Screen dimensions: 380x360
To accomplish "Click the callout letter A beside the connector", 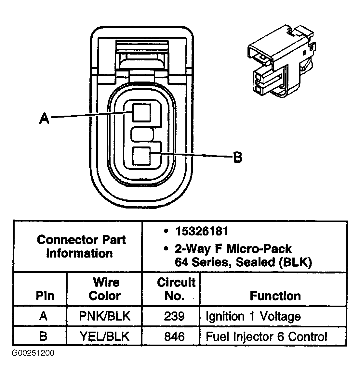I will tap(44, 118).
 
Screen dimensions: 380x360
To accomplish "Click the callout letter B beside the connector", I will tap(238, 158).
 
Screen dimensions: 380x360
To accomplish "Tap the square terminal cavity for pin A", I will tap(141, 112).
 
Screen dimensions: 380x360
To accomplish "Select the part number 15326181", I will tap(202, 231).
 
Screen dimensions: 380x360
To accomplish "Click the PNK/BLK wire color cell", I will tap(104, 316).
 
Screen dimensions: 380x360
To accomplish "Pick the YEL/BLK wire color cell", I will tap(104, 336).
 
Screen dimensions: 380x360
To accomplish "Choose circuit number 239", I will tap(174, 316).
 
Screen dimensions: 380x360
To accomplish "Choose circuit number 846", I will tap(174, 336).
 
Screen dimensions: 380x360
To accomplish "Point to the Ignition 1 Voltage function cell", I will tap(253, 316).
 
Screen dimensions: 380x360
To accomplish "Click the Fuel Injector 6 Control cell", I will tap(266, 336).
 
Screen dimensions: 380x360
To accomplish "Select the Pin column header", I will tap(45, 296).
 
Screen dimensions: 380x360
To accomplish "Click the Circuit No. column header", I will tap(176, 289).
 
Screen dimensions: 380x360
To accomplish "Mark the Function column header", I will tap(275, 296).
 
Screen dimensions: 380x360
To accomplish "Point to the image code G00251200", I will tap(33, 353).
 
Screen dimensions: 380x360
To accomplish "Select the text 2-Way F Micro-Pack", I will tap(233, 249).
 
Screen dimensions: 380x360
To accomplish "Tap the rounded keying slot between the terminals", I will tap(143, 134).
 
